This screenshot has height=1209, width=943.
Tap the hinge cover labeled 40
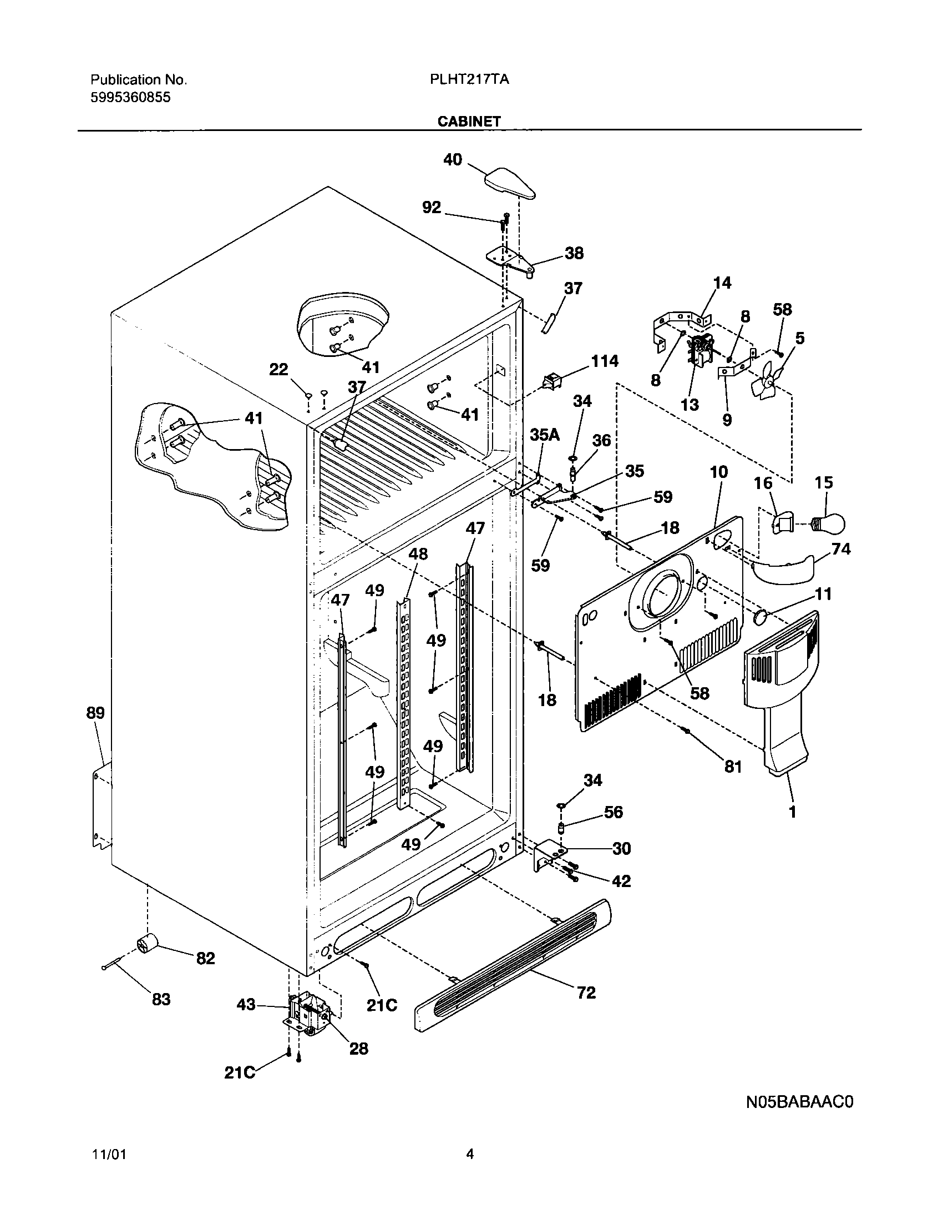pyautogui.click(x=511, y=183)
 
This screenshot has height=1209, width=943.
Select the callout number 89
pyautogui.click(x=95, y=713)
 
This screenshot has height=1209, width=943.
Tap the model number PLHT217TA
pyautogui.click(x=469, y=79)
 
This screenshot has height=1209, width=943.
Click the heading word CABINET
pyautogui.click(x=469, y=122)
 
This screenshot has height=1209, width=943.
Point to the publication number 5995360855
pyautogui.click(x=130, y=98)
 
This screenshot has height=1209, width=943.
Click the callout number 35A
pyautogui.click(x=544, y=435)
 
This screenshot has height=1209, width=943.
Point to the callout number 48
pyautogui.click(x=418, y=554)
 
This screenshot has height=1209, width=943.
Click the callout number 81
pyautogui.click(x=733, y=767)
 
